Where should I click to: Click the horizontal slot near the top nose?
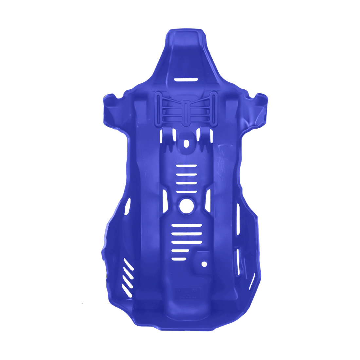click(186, 80)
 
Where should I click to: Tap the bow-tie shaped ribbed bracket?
click(185, 108)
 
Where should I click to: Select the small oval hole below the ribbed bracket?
click(186, 143)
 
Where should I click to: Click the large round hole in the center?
click(187, 206)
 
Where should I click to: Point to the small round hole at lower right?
click(204, 264)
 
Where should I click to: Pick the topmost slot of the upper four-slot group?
click(187, 166)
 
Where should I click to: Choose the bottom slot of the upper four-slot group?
click(187, 191)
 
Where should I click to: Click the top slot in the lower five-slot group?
click(187, 225)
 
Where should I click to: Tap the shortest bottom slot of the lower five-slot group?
click(179, 259)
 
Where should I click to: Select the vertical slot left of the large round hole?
click(165, 201)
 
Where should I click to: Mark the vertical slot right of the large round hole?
click(208, 201)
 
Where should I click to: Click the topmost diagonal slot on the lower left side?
click(129, 264)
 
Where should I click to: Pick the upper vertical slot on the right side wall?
click(238, 219)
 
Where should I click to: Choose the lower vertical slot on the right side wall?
click(238, 262)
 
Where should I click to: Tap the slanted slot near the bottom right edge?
click(252, 281)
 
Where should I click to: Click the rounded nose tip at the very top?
click(186, 33)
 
